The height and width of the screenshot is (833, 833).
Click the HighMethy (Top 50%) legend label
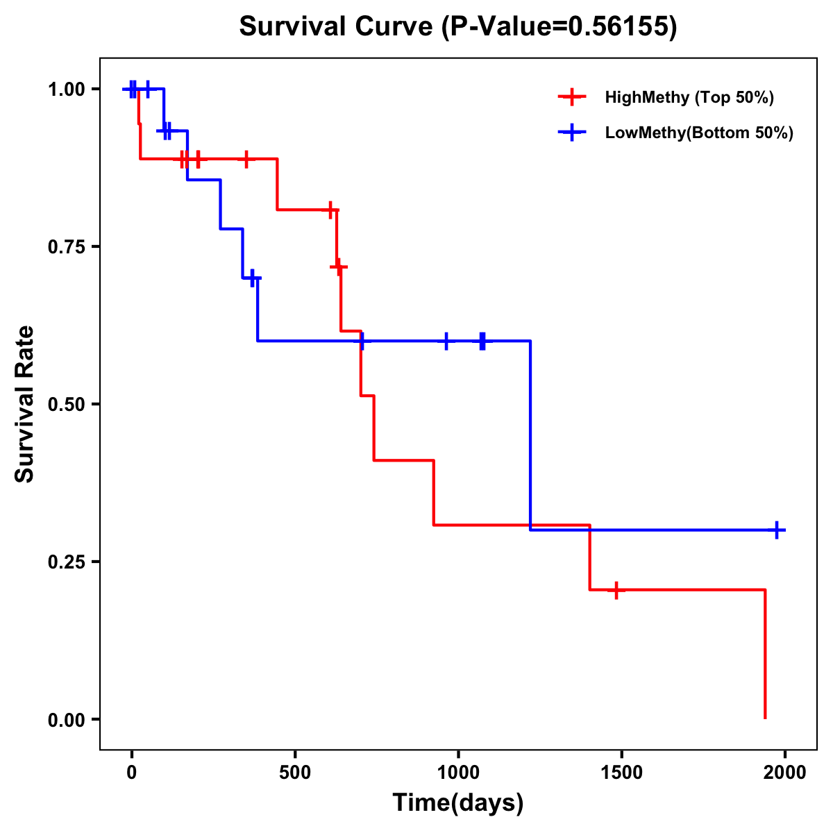tap(689, 97)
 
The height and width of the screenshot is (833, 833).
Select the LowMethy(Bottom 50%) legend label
tap(699, 133)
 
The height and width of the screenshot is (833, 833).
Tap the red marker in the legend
tap(571, 97)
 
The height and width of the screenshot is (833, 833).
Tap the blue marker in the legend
tap(571, 133)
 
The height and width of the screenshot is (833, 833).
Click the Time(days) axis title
tap(458, 802)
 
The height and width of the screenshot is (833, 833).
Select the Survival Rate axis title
tap(25, 404)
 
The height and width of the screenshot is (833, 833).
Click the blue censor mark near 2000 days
tap(777, 530)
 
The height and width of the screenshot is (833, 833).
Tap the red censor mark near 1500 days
tap(616, 590)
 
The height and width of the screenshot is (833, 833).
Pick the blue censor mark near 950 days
tap(446, 341)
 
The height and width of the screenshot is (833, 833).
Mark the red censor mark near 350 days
tap(246, 159)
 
